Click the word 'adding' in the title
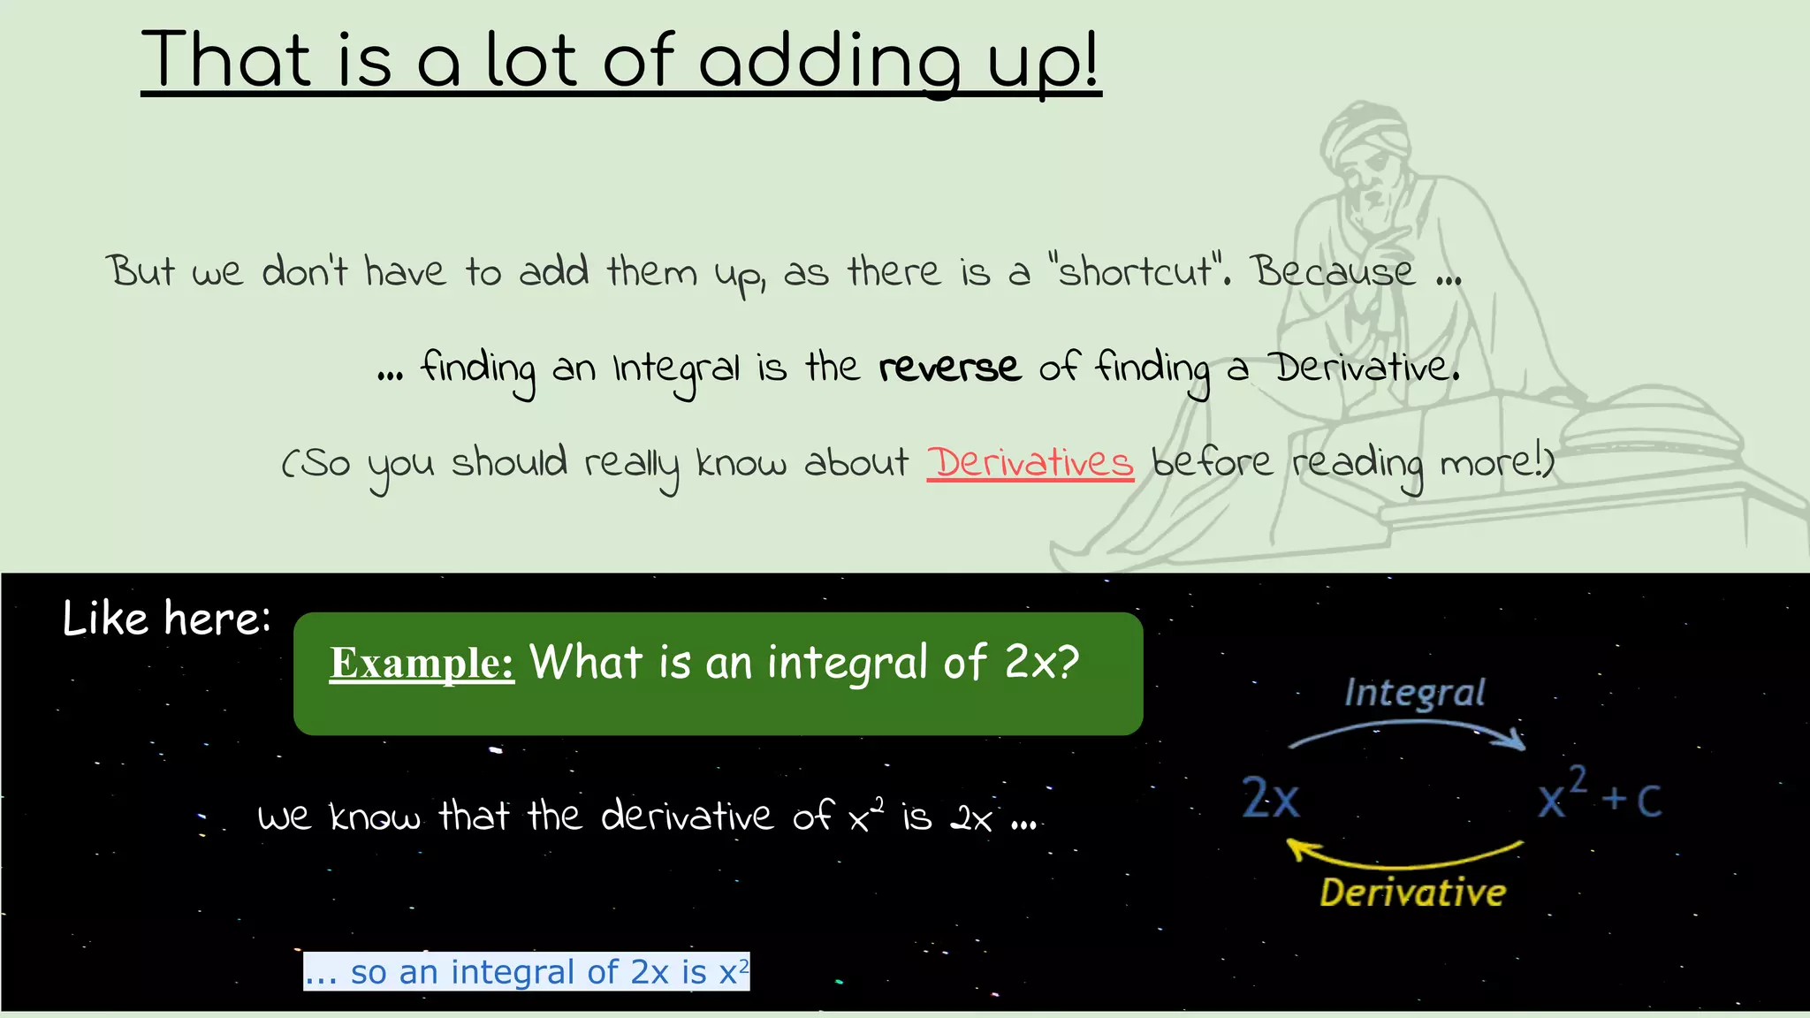(829, 62)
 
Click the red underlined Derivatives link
(1030, 462)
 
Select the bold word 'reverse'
(948, 367)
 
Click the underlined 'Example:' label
(422, 663)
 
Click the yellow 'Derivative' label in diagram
(1412, 893)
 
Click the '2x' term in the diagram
(1270, 799)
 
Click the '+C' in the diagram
(1633, 801)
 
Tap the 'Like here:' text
(166, 618)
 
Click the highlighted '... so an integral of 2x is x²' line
(526, 972)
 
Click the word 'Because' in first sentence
(1334, 271)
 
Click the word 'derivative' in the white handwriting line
(686, 816)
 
